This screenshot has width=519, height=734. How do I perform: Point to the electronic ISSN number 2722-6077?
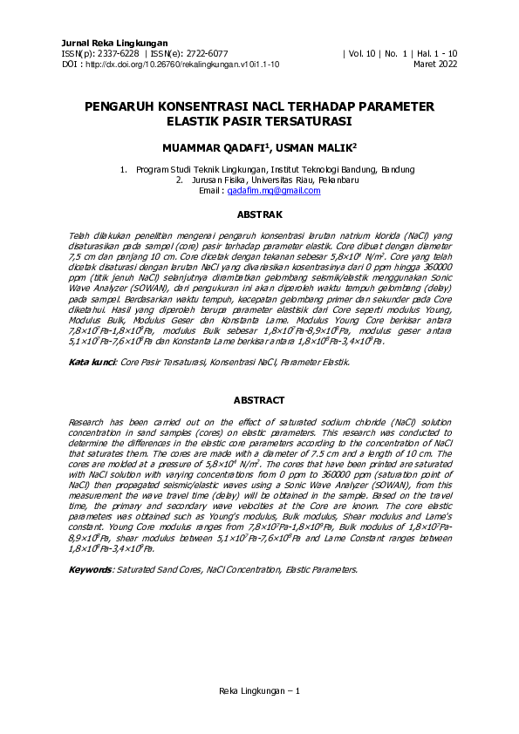[206, 54]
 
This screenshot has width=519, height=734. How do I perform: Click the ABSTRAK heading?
[259, 213]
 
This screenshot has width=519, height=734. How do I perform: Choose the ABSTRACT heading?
[259, 400]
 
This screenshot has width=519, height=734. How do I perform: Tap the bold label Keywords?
[90, 568]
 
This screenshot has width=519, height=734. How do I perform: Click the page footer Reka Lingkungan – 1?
[259, 691]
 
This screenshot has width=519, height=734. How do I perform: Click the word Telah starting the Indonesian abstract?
[80, 236]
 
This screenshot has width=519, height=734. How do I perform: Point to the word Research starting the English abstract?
[88, 422]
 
